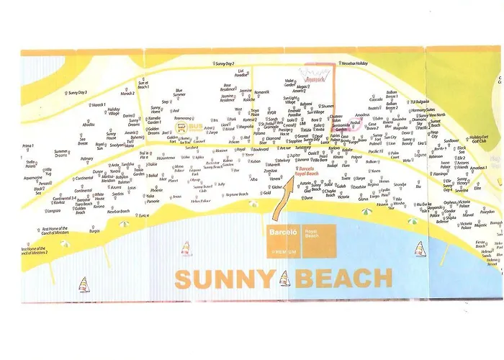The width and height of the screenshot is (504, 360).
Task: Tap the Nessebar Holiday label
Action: coord(354,63)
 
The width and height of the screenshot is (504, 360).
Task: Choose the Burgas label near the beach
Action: coord(94,232)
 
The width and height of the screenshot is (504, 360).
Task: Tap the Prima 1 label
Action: coord(28,146)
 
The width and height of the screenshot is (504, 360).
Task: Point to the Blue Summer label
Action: coord(179,93)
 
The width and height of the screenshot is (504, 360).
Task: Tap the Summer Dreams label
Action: coord(62,153)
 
